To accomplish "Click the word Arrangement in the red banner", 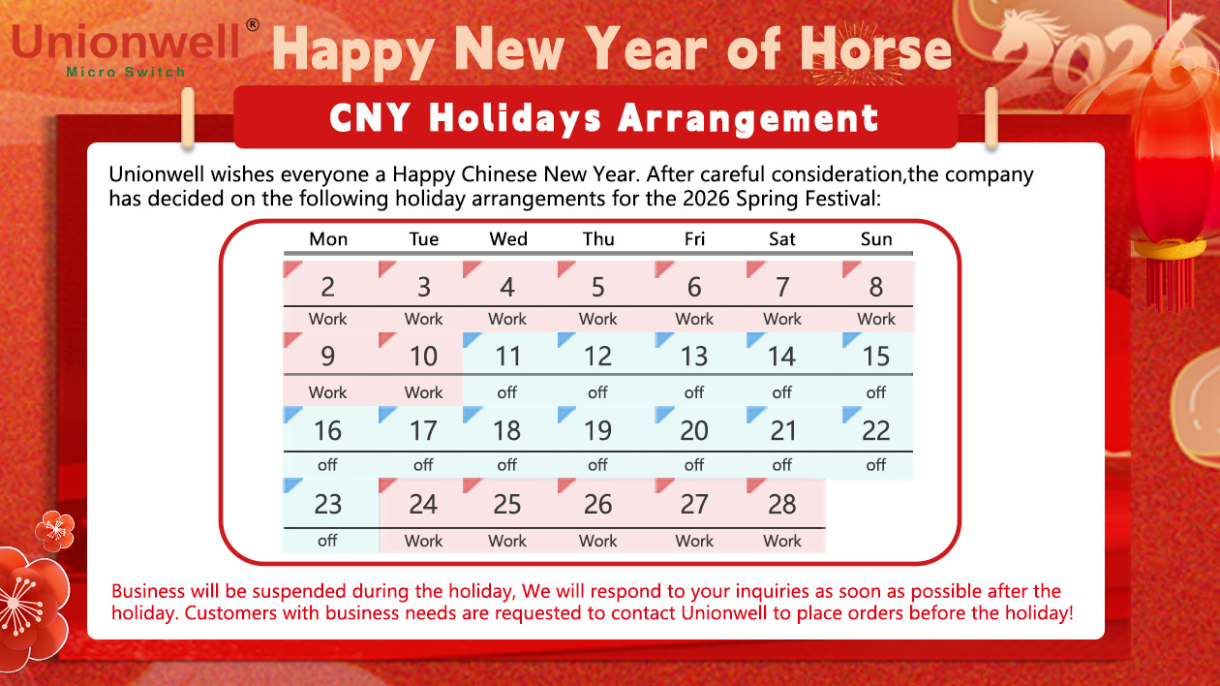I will pyautogui.click(x=748, y=118).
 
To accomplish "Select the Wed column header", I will pyautogui.click(x=508, y=239).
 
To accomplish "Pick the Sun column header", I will pyautogui.click(x=876, y=239).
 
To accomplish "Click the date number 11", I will pyautogui.click(x=507, y=357).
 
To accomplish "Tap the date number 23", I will pyautogui.click(x=328, y=504).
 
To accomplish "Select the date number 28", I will pyautogui.click(x=781, y=504).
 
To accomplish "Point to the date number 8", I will pyautogui.click(x=876, y=287).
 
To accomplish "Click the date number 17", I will pyautogui.click(x=423, y=430).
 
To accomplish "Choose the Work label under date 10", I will pyautogui.click(x=423, y=392).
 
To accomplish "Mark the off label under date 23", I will pyautogui.click(x=328, y=541).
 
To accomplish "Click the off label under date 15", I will pyautogui.click(x=876, y=392).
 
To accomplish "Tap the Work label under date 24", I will pyautogui.click(x=423, y=541).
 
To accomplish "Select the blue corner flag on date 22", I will pyautogui.click(x=851, y=415).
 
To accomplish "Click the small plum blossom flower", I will pyautogui.click(x=55, y=529).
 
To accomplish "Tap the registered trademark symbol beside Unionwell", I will pyautogui.click(x=253, y=24).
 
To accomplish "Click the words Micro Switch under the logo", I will pyautogui.click(x=125, y=73).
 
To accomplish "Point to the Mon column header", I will pyautogui.click(x=328, y=239).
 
